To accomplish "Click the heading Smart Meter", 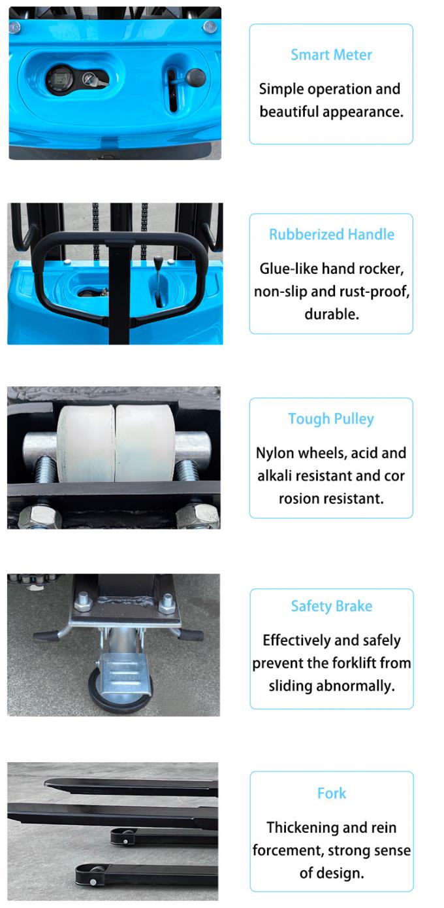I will [x=331, y=55].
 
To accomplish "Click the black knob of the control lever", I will [x=195, y=78].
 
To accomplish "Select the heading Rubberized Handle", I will [x=331, y=235].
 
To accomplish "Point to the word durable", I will [x=331, y=314].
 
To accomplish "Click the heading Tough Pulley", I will [x=331, y=419].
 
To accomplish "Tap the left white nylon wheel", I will [x=86, y=444].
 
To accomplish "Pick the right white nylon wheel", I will [x=144, y=444].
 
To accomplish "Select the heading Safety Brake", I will [x=331, y=607].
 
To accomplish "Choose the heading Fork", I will [x=331, y=794].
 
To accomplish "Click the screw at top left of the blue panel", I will [x=14, y=27].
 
